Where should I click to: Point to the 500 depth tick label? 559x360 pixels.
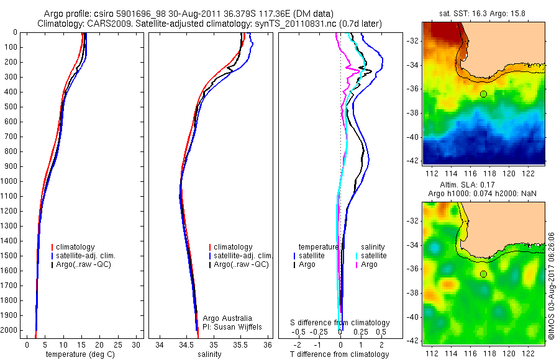pyautogui.click(x=11, y=107)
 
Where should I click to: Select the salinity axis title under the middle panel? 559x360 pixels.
pyautogui.click(x=208, y=354)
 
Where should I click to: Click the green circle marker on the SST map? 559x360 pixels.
pyautogui.click(x=483, y=94)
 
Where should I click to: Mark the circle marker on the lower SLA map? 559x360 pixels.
pyautogui.click(x=483, y=274)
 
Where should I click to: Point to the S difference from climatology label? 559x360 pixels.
pyautogui.click(x=340, y=323)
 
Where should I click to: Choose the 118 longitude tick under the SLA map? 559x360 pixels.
pyautogui.click(x=495, y=349)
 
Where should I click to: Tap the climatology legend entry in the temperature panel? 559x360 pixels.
pyautogui.click(x=76, y=247)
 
